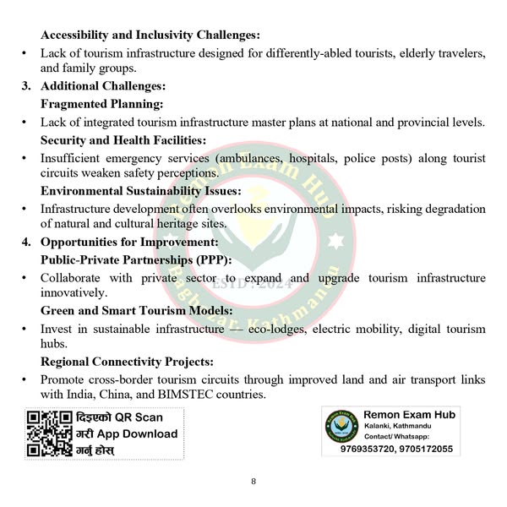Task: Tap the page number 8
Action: click(x=253, y=482)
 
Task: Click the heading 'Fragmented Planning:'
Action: click(x=102, y=104)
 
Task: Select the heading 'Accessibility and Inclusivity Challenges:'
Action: click(x=150, y=35)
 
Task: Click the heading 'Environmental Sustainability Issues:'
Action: click(x=140, y=191)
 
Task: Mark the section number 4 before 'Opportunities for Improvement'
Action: click(x=26, y=243)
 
